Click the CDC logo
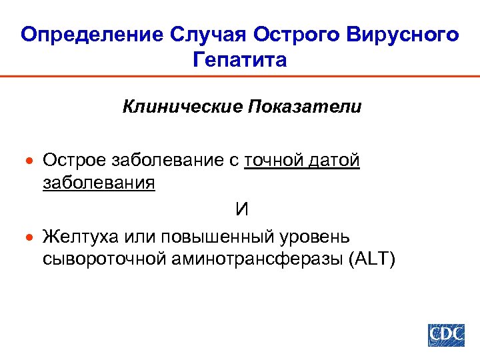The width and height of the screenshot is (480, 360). pyautogui.click(x=446, y=334)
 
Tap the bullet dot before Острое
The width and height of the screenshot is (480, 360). pyautogui.click(x=28, y=161)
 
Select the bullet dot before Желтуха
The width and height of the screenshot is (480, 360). pyautogui.click(x=28, y=237)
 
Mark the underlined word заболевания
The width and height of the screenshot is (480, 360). pyautogui.click(x=99, y=183)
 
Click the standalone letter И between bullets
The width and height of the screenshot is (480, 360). pyautogui.click(x=241, y=209)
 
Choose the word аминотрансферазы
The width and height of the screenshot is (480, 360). pyautogui.click(x=257, y=259)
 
